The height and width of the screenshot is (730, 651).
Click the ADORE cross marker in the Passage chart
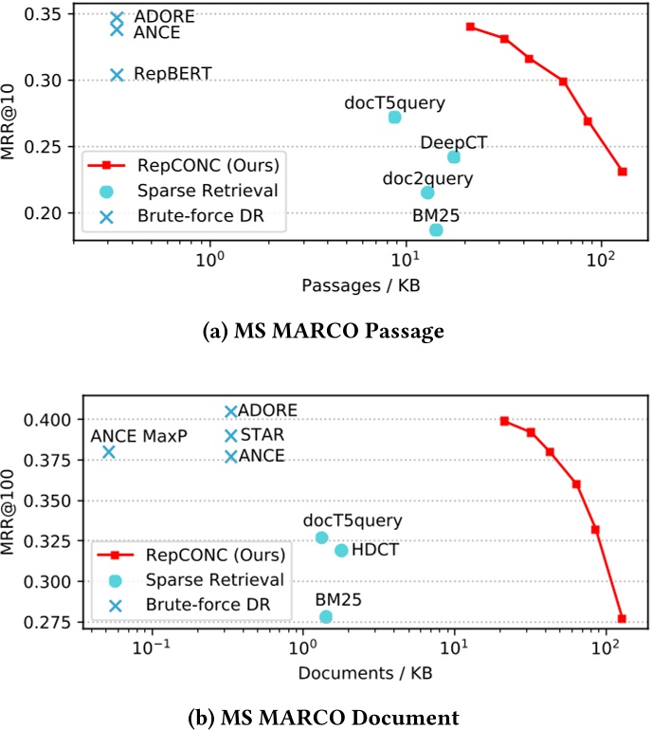click(117, 18)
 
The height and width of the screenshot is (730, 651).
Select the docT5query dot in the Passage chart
click(395, 118)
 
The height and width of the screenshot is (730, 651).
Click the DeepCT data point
click(454, 157)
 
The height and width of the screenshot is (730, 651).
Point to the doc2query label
click(428, 176)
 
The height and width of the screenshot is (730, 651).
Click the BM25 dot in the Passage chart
click(436, 229)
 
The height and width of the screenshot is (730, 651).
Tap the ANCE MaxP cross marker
click(109, 452)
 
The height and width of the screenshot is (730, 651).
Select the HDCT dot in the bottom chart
click(341, 551)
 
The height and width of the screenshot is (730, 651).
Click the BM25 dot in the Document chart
click(326, 617)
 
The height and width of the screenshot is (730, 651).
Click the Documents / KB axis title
click(354, 671)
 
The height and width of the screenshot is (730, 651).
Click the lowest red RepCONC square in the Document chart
click(622, 618)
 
